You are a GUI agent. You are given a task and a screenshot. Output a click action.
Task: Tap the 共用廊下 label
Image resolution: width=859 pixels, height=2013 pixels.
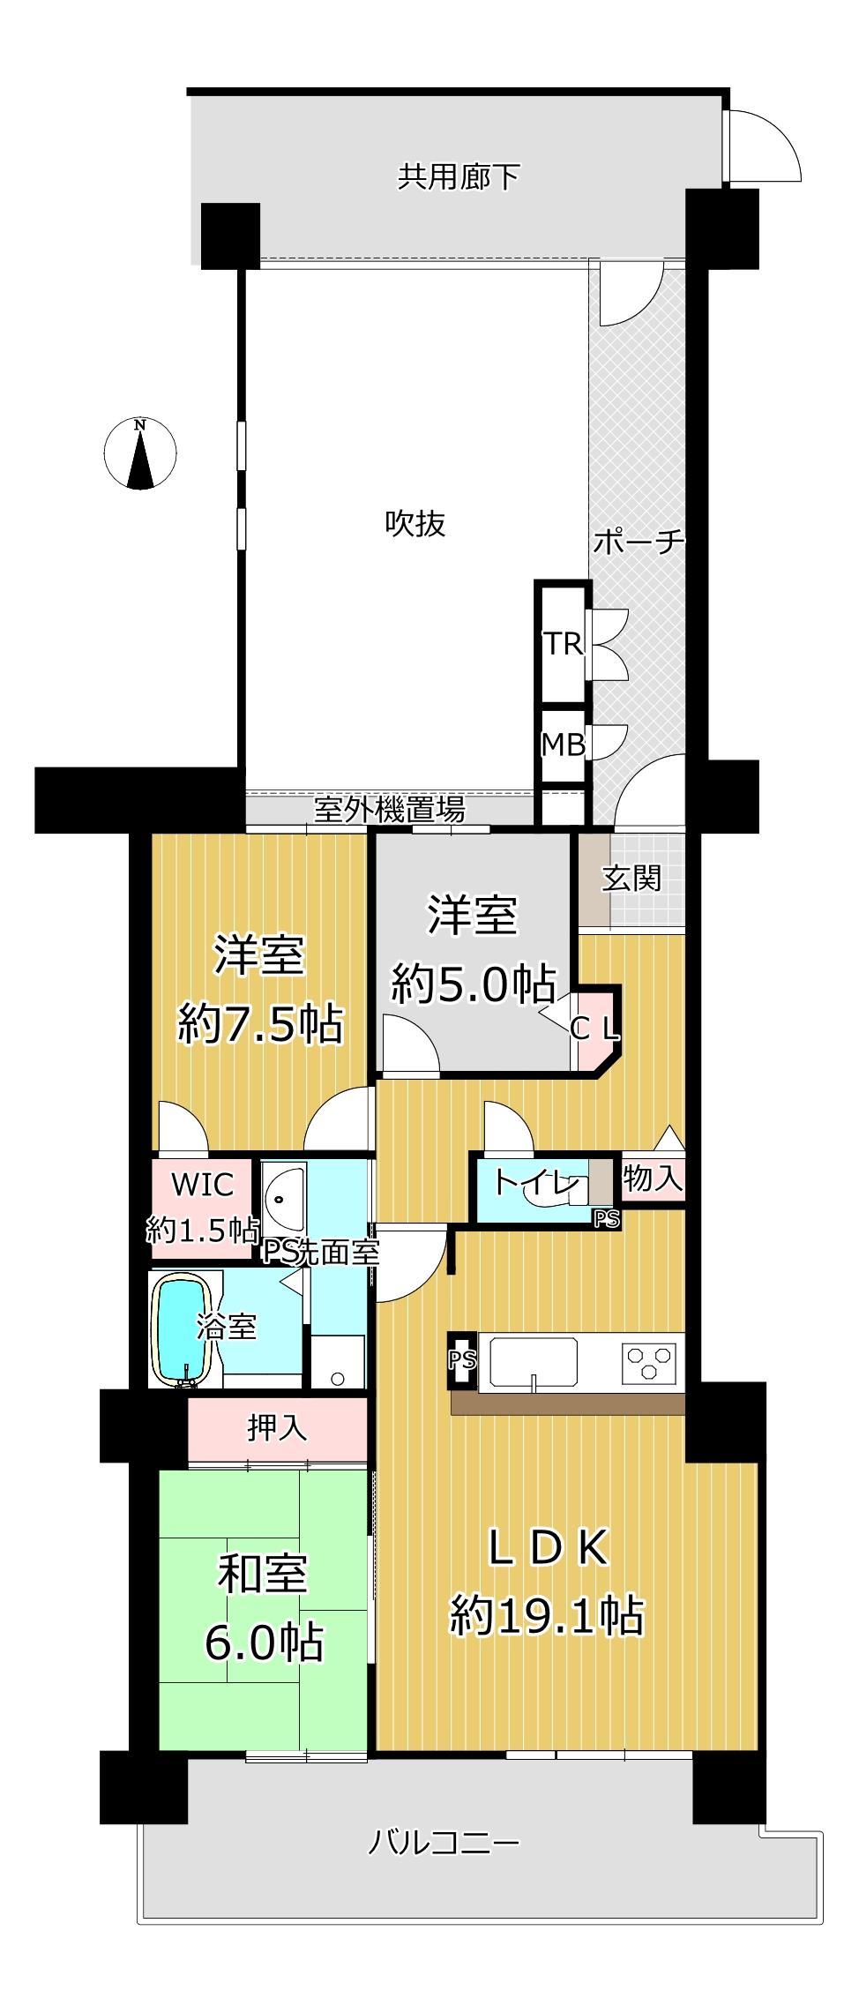(458, 177)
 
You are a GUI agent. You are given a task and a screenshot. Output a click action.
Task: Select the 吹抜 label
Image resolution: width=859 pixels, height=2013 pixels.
(415, 524)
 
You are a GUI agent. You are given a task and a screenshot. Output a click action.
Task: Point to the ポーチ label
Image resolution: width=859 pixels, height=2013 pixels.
(639, 541)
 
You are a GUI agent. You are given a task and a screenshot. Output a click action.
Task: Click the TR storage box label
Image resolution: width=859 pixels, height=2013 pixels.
(562, 644)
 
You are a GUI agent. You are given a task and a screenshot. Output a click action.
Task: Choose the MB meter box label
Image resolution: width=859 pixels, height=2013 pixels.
(563, 745)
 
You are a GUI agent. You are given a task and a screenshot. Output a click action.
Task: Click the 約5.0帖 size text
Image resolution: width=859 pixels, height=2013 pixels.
(473, 984)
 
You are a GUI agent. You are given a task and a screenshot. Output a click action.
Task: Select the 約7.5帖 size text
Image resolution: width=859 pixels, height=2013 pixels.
(260, 1024)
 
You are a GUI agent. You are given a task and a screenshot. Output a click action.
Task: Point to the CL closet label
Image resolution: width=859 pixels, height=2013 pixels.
(595, 1029)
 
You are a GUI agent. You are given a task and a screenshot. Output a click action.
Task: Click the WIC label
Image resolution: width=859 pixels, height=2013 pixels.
(202, 1184)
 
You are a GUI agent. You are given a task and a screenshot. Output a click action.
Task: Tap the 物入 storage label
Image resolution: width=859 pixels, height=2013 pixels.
(653, 1178)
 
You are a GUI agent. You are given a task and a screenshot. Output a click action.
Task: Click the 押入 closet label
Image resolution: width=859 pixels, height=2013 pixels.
(277, 1427)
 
